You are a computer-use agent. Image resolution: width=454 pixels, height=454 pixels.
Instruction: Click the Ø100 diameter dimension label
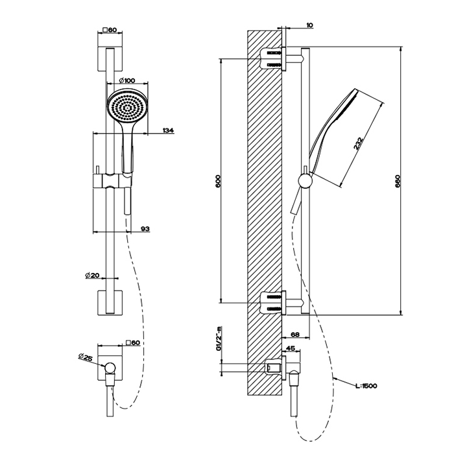tap(128, 80)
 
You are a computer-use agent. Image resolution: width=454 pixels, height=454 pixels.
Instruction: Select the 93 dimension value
tap(145, 229)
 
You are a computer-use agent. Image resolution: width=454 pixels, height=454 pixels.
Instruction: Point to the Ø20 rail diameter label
tap(92, 275)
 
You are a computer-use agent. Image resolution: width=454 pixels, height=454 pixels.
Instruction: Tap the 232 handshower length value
tap(357, 143)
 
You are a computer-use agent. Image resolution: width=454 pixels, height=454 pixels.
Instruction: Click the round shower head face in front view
tap(126, 106)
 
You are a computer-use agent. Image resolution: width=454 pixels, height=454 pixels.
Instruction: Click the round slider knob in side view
tap(304, 180)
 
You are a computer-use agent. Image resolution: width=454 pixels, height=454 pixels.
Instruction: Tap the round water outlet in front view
tap(111, 369)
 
